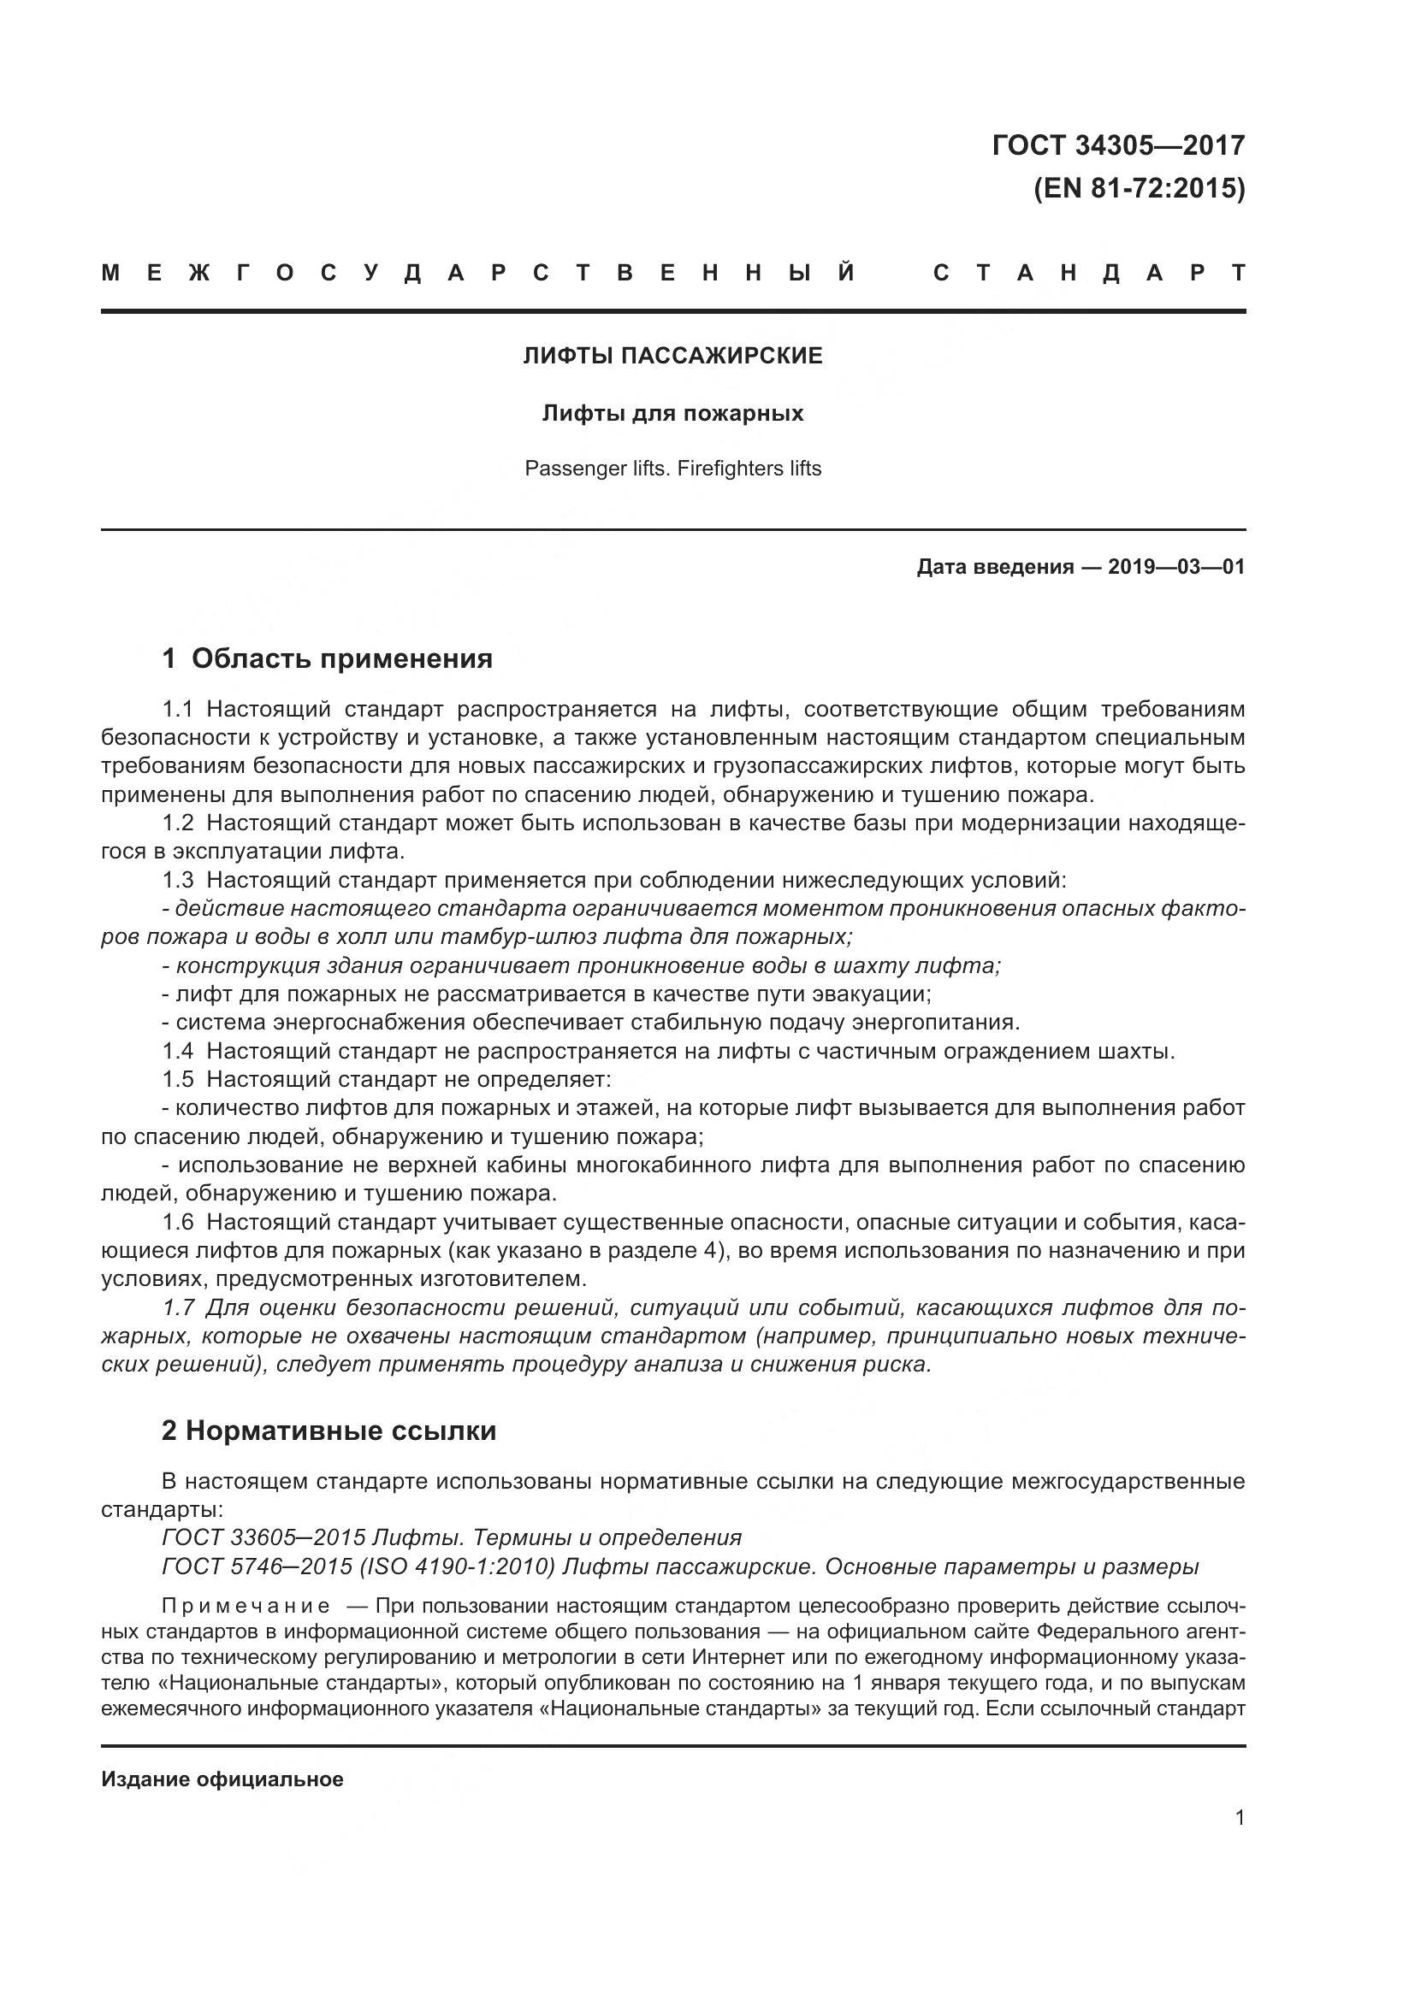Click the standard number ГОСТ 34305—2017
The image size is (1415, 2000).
[1118, 145]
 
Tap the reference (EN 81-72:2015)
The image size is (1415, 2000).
[1139, 188]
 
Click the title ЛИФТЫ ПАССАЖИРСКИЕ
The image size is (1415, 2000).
[672, 357]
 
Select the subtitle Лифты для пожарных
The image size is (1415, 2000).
[672, 413]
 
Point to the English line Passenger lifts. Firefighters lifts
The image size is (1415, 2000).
[672, 469]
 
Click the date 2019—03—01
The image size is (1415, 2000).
[1175, 568]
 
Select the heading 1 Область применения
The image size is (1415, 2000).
[327, 658]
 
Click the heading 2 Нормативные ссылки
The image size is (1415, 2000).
[329, 1431]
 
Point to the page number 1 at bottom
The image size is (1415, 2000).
[1239, 1818]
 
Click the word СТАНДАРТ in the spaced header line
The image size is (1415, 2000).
[1088, 274]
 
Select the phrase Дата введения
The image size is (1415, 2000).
[994, 568]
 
